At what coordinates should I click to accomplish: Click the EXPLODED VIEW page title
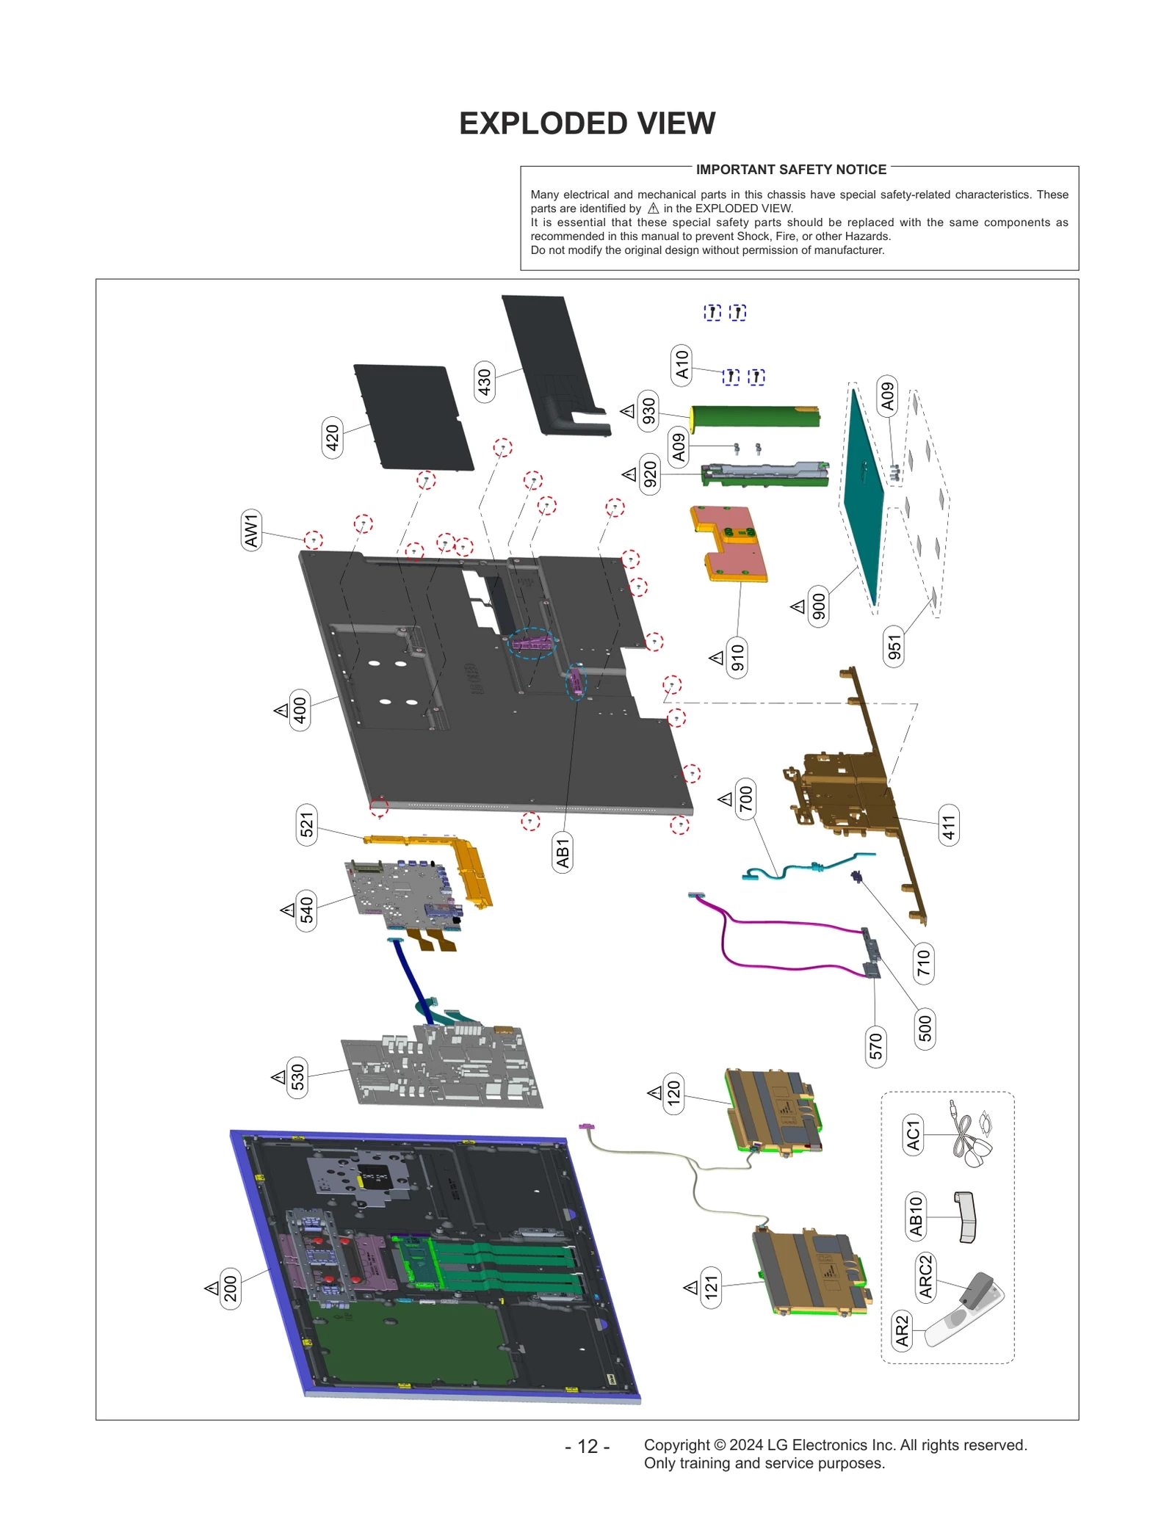(587, 123)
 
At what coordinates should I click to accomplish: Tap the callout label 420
(333, 438)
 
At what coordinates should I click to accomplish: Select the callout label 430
(484, 382)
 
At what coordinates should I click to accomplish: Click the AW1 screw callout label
(251, 530)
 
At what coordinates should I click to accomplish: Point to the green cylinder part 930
(755, 416)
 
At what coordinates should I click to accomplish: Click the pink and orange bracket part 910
(730, 543)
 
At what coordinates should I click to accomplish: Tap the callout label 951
(894, 647)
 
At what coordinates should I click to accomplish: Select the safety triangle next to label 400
(281, 711)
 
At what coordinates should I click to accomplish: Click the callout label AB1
(563, 853)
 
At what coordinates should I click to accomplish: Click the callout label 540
(306, 910)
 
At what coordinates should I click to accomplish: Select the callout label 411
(949, 825)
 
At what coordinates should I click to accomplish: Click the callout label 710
(923, 963)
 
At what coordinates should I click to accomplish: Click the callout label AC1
(913, 1134)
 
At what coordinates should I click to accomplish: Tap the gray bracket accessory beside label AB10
(966, 1217)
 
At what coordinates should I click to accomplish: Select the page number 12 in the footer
(587, 1446)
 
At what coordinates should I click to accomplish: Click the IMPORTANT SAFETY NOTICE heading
(791, 170)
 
